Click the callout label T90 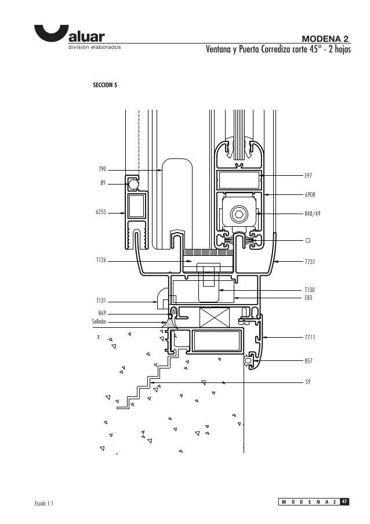click(101, 169)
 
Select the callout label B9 click(102, 183)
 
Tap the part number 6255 click(100, 213)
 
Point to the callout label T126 click(101, 261)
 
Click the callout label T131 click(101, 301)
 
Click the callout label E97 click(309, 174)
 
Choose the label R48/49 click(312, 214)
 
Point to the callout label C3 click(308, 240)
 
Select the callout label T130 click(310, 289)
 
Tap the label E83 click(309, 297)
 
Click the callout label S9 click(308, 382)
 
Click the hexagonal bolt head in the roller click(239, 214)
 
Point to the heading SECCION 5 click(105, 85)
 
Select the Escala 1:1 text click(43, 504)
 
